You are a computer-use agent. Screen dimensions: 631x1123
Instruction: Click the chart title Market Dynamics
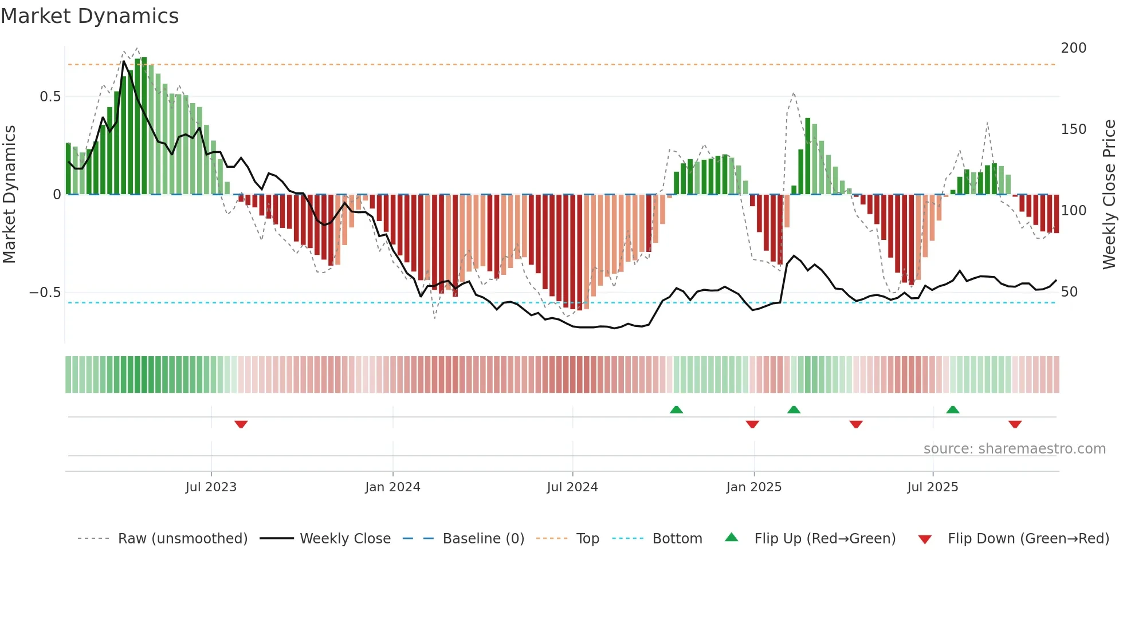[x=89, y=16]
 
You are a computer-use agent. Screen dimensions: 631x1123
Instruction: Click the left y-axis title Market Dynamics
[x=9, y=194]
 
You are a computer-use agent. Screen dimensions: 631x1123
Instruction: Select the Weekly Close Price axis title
[x=1109, y=194]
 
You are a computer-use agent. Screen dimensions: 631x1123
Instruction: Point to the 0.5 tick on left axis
[x=50, y=97]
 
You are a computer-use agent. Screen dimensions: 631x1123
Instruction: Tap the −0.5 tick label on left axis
[x=45, y=293]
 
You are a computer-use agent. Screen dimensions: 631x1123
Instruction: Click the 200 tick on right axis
[x=1073, y=48]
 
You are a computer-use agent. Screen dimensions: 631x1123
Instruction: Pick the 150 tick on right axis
[x=1073, y=129]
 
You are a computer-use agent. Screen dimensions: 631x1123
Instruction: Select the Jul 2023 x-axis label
[x=211, y=487]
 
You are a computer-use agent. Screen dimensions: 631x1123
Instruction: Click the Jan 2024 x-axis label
[x=392, y=487]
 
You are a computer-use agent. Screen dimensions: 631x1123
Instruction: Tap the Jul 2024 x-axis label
[x=572, y=487]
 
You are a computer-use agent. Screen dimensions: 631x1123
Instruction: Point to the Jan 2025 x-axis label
[x=753, y=487]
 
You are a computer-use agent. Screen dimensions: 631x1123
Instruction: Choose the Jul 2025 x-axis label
[x=932, y=487]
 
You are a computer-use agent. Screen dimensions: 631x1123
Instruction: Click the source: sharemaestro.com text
[x=1014, y=449]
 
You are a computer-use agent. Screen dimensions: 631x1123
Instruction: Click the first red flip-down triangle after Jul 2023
[x=241, y=424]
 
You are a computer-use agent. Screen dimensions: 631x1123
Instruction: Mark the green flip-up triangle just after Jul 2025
[x=952, y=410]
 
